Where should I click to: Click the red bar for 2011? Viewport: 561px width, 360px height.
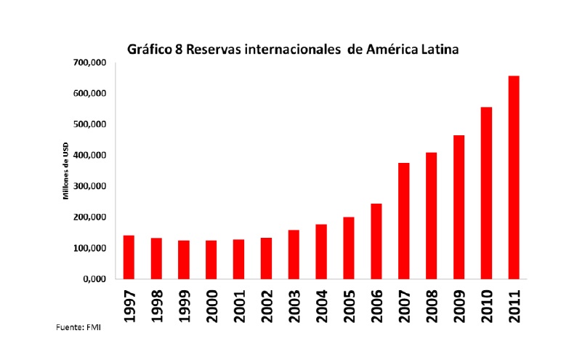pos(514,177)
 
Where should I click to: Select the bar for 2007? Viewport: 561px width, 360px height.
pos(403,221)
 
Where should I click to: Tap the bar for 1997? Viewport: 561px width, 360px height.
pos(129,257)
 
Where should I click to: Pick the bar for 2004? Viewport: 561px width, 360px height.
pos(321,252)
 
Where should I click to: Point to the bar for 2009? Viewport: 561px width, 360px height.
pos(459,207)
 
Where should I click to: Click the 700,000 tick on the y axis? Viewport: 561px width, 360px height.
pos(92,63)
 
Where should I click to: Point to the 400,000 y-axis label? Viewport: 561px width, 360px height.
pos(92,156)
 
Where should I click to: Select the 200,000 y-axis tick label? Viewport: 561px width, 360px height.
pos(92,217)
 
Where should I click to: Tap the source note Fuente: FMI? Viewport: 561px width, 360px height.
pos(78,327)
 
